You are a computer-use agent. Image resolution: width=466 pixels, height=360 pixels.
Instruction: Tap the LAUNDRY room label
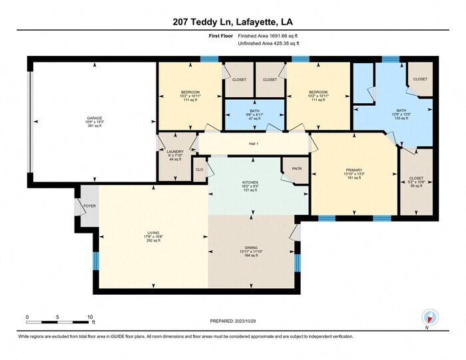pos(175,152)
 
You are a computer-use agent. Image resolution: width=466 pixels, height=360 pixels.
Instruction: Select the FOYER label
pos(89,206)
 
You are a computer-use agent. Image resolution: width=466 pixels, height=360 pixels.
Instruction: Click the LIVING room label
pos(154,232)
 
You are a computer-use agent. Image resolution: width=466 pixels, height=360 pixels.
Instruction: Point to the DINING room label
pos(251,248)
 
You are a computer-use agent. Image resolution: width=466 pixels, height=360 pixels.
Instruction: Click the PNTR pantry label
pos(296,169)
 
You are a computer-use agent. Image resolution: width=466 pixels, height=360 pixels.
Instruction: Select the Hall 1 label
pos(253,144)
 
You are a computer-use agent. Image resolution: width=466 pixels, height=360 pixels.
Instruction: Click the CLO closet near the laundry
pos(199,169)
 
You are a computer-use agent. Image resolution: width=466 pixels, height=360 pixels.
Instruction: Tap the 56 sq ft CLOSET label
pos(416,178)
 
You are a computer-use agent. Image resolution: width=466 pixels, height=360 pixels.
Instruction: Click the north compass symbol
pos(429,319)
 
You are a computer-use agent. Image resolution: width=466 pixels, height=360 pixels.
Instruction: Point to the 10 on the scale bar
pos(89,317)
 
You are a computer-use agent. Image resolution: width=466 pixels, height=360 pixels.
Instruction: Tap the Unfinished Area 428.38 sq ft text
pos(268,45)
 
